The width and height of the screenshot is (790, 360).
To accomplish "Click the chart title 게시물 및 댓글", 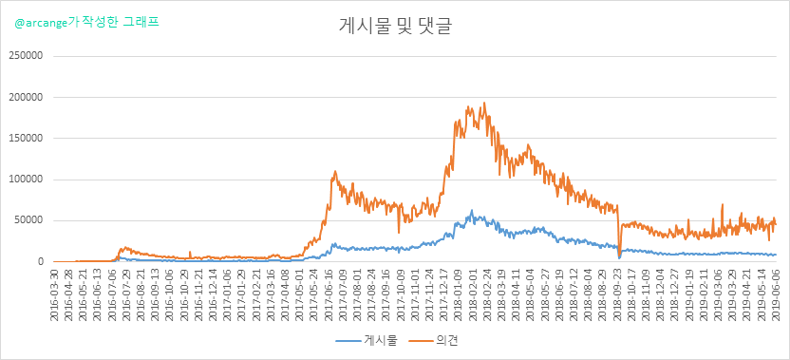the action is pos(394,27).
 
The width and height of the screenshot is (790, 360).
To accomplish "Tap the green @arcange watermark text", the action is pos(87,23).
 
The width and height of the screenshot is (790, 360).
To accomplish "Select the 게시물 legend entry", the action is pos(367,341).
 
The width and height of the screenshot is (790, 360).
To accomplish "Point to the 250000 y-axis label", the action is pos(26,55).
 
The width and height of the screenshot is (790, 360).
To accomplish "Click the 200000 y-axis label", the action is pos(26,97).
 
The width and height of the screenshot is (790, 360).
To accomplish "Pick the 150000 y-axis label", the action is pos(26,138).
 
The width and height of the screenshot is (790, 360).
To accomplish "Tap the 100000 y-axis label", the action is pos(26,180).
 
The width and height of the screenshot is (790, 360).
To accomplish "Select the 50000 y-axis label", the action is pos(28,220).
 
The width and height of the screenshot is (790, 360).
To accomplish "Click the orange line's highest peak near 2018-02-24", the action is pos(484,103).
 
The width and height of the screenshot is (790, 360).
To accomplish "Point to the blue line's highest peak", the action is pos(472,210).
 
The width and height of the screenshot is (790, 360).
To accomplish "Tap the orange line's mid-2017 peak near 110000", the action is pos(335,171).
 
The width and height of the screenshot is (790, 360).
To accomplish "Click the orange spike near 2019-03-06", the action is pos(723,204).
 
